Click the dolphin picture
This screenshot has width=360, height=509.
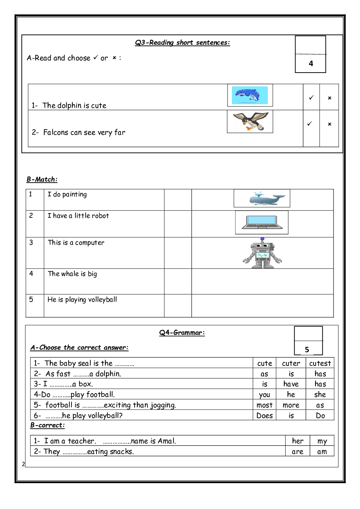(250, 95)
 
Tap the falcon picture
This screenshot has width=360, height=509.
(250, 122)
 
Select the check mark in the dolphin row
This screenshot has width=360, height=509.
(311, 97)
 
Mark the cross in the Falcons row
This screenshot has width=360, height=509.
(330, 124)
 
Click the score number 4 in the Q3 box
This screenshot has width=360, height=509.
(311, 64)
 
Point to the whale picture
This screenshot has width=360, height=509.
(262, 199)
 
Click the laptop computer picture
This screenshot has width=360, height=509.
(262, 222)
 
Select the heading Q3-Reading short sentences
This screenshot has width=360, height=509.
(183, 42)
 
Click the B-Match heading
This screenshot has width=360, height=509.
(42, 179)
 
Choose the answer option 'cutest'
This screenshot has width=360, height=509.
(320, 363)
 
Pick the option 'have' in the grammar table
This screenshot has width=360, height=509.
(291, 384)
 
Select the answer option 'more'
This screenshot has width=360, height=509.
(291, 405)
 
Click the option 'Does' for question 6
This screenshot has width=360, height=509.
(265, 416)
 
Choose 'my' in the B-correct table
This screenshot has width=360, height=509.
(322, 441)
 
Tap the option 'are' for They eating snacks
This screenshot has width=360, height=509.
(298, 452)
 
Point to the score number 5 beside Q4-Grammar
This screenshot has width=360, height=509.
(307, 350)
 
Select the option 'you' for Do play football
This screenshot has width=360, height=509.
(265, 395)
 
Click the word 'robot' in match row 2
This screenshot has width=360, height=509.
(100, 216)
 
